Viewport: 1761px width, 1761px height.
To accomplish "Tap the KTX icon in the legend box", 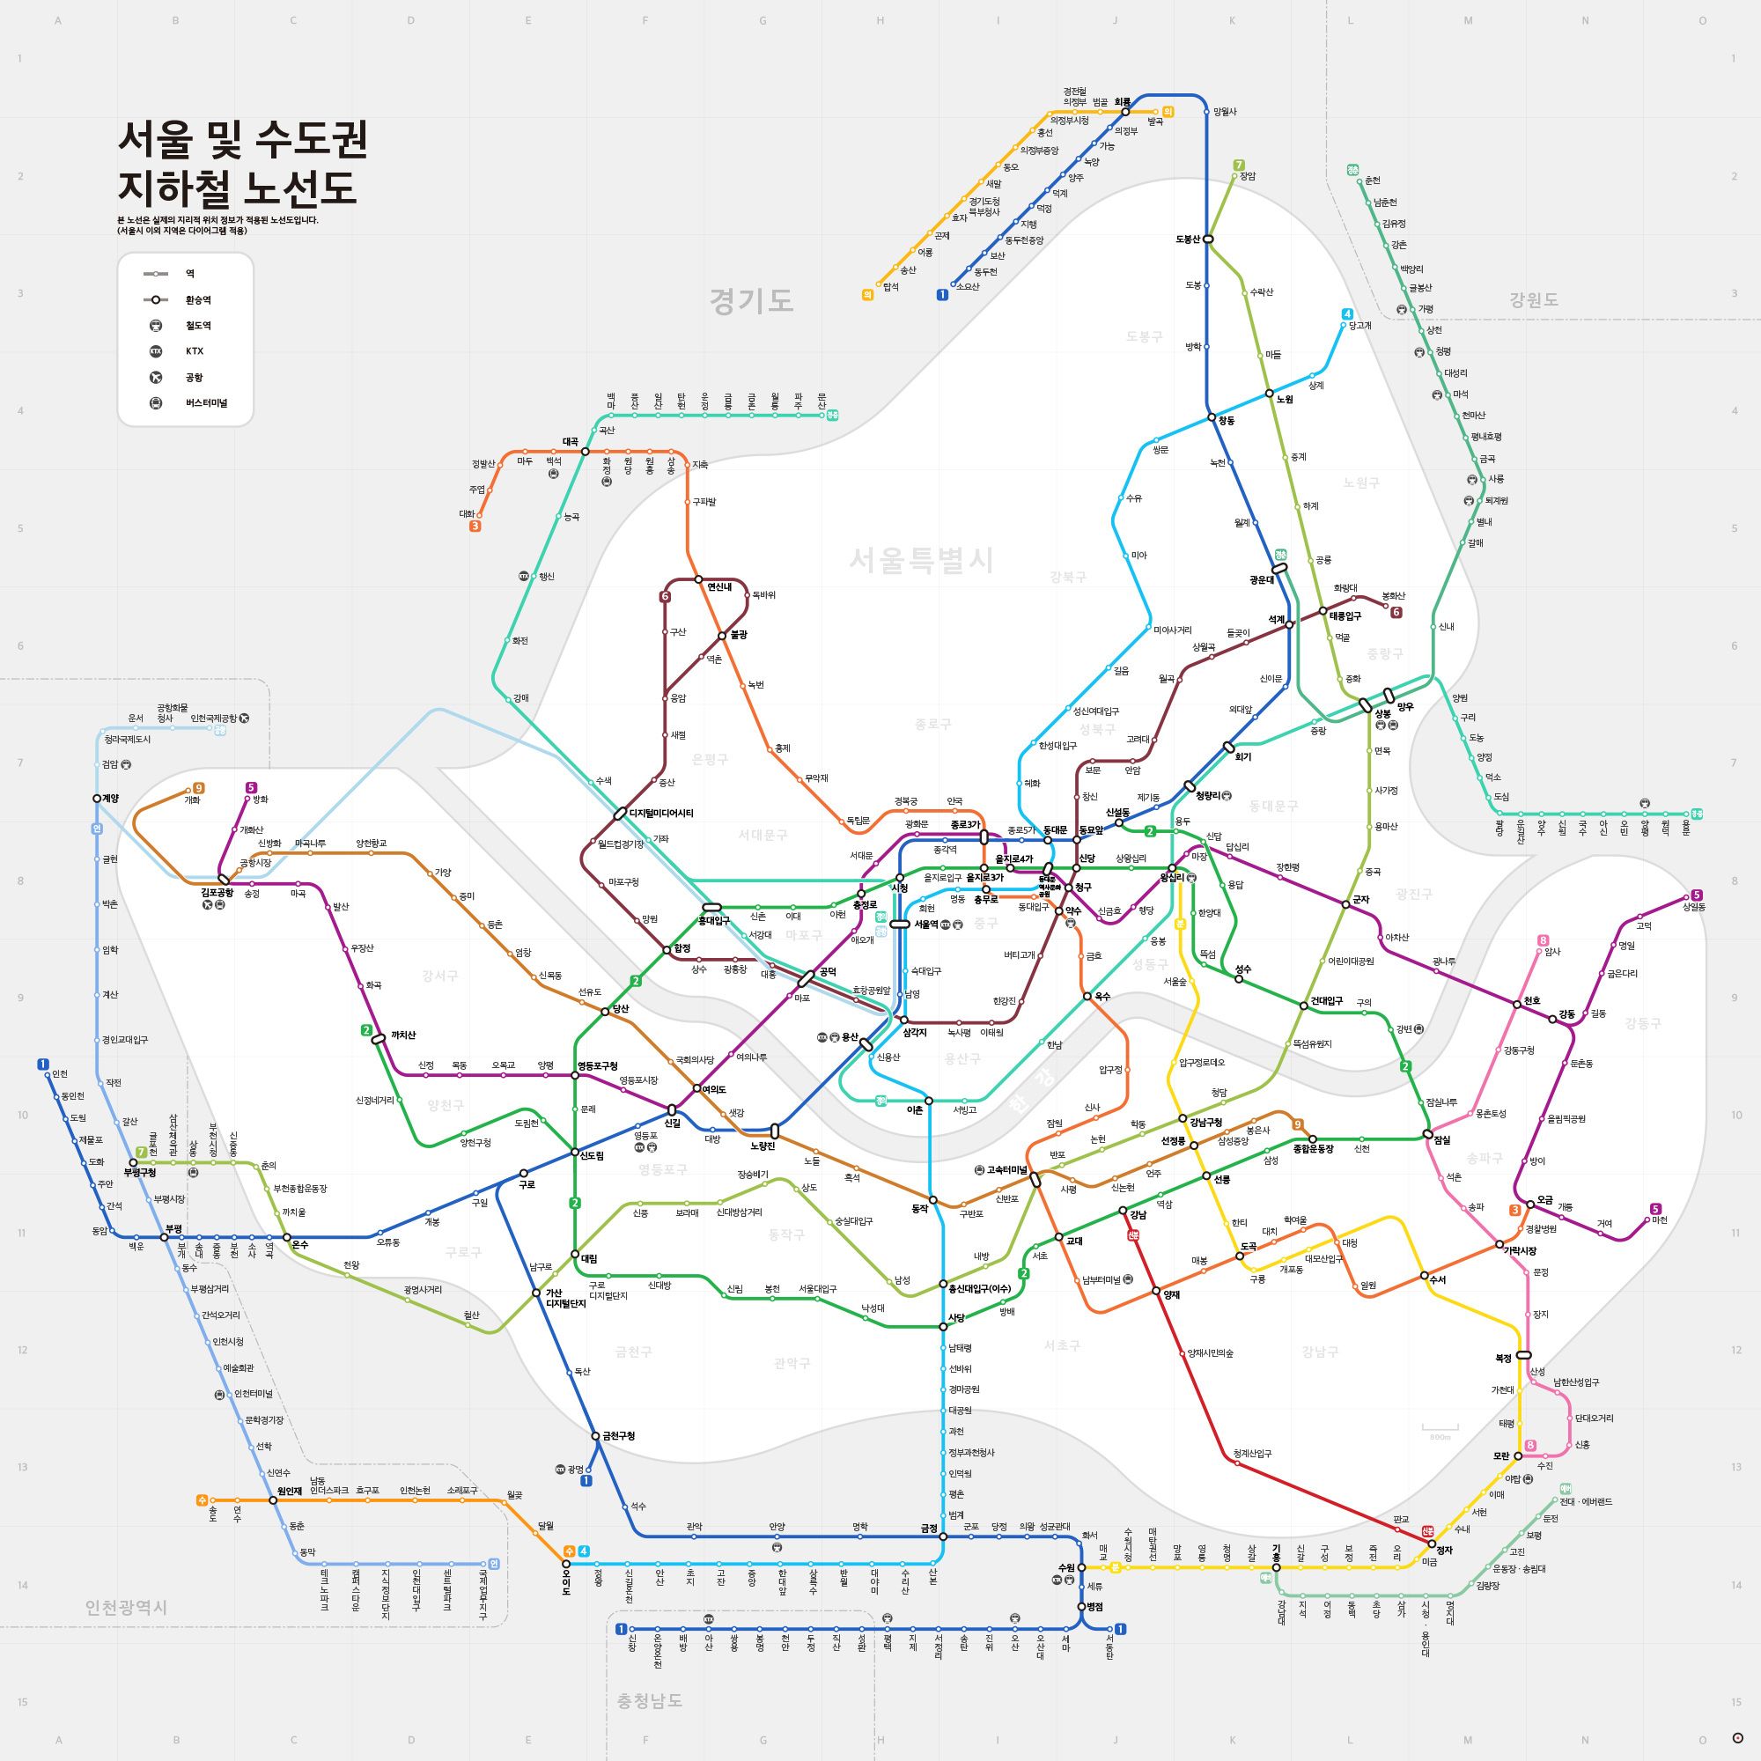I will click(156, 352).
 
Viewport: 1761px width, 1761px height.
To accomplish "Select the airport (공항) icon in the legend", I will click(156, 378).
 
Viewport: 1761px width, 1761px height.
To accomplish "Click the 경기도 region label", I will click(751, 301).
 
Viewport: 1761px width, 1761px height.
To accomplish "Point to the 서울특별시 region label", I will click(921, 560).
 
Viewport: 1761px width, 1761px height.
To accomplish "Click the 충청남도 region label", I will click(649, 1701).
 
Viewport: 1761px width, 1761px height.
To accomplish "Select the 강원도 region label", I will click(1533, 300).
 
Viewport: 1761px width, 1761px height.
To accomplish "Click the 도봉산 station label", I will click(1188, 239).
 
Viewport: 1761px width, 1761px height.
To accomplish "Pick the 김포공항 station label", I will click(217, 893).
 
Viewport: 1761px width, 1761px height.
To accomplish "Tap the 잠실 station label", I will click(1442, 1140).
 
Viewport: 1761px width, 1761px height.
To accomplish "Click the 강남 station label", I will click(1138, 1214).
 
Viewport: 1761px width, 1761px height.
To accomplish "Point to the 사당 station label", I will click(956, 1318).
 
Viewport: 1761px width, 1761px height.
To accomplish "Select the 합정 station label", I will click(681, 949).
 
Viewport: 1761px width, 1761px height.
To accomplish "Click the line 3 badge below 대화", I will click(475, 526).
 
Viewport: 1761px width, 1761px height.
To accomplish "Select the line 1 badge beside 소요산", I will click(941, 294).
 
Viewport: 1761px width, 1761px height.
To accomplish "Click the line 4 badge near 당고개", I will click(1347, 314).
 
